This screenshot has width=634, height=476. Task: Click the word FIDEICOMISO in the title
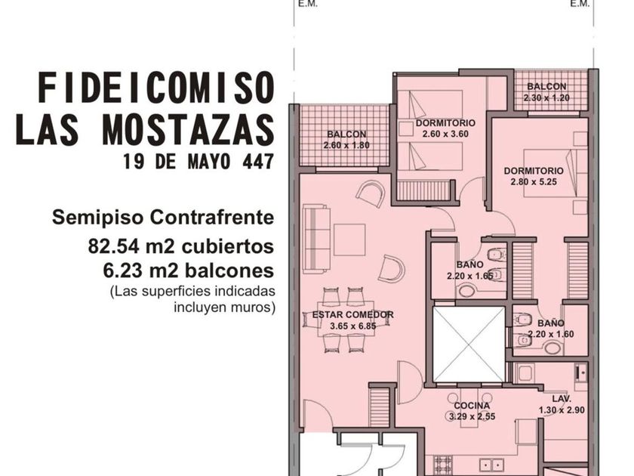click(x=156, y=88)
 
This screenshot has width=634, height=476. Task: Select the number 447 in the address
click(x=258, y=162)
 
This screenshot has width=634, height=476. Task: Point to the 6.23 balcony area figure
click(x=122, y=270)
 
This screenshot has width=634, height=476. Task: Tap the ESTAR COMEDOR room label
click(x=353, y=314)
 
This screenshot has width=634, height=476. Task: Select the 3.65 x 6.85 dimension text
click(x=353, y=326)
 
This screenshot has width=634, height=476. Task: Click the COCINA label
click(x=472, y=406)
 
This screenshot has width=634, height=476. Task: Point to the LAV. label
click(x=562, y=399)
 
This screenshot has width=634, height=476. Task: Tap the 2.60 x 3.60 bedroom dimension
click(x=445, y=134)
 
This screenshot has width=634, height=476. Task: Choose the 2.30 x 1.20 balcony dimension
click(x=546, y=97)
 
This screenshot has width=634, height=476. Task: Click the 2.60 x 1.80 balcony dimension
click(x=346, y=145)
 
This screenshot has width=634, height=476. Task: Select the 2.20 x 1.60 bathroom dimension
click(x=551, y=334)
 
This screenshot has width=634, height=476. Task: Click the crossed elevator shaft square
click(x=468, y=344)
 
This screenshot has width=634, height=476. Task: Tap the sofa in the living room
click(x=316, y=239)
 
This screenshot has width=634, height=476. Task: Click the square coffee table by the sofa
click(x=349, y=240)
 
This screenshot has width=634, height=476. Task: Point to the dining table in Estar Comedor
click(x=346, y=319)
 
